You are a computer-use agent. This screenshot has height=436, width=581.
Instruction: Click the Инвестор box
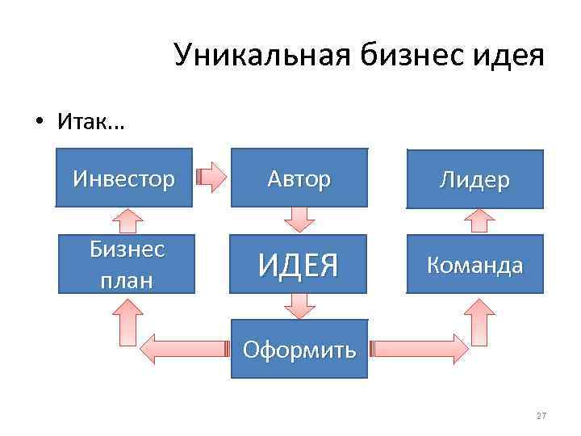click(x=123, y=178)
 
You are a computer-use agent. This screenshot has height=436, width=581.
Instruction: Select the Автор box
click(x=299, y=178)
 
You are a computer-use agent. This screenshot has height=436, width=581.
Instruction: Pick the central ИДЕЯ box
click(x=299, y=263)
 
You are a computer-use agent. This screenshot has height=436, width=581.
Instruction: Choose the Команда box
click(x=474, y=263)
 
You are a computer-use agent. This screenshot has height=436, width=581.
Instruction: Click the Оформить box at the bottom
click(x=299, y=349)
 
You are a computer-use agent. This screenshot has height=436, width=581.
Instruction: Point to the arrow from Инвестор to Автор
click(x=213, y=178)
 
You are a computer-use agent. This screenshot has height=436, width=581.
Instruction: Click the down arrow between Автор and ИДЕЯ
click(x=299, y=218)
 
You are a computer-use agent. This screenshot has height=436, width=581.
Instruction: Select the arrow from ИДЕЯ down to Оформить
click(x=299, y=304)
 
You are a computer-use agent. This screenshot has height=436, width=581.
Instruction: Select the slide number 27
click(x=541, y=416)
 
